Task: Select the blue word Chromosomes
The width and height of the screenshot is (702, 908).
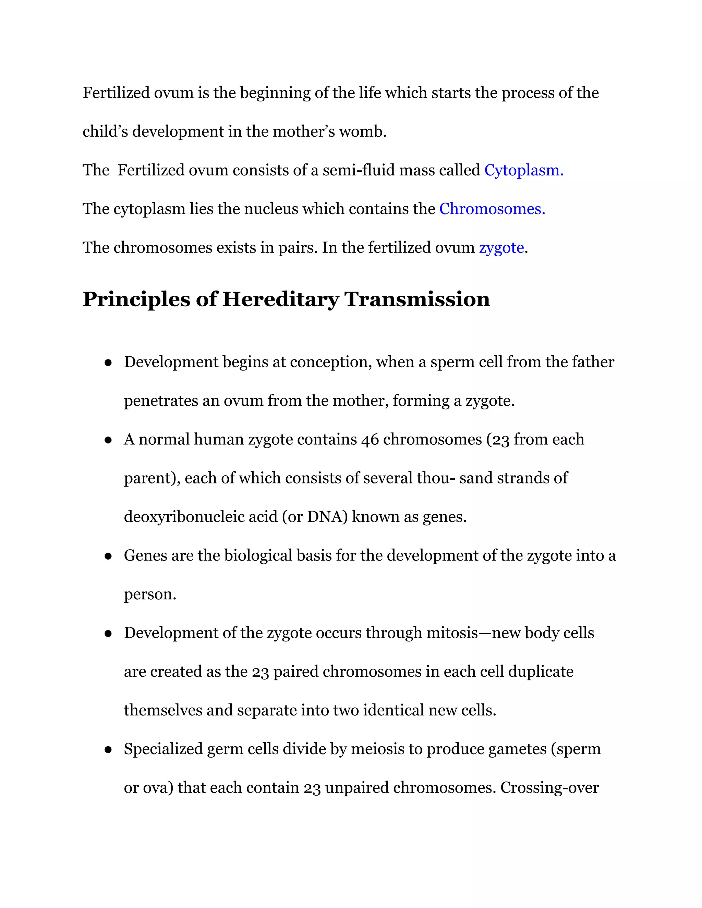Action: [492, 209]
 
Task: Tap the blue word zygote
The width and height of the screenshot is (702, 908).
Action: [501, 248]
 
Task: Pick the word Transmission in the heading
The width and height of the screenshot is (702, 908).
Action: [417, 300]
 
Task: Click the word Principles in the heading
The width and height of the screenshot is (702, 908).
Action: [136, 300]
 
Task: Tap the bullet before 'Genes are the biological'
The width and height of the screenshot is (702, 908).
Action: [108, 556]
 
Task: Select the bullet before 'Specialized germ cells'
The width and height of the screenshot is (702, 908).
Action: [108, 750]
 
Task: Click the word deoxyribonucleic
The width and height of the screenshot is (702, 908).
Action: [201, 517]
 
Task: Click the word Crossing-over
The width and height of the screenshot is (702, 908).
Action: [549, 788]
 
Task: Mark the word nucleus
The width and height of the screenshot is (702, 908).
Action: [271, 209]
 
